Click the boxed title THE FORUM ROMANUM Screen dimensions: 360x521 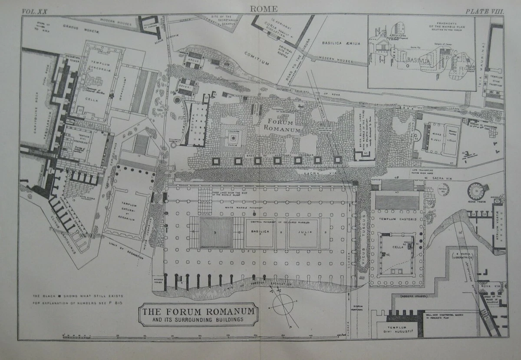coord(198,312)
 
